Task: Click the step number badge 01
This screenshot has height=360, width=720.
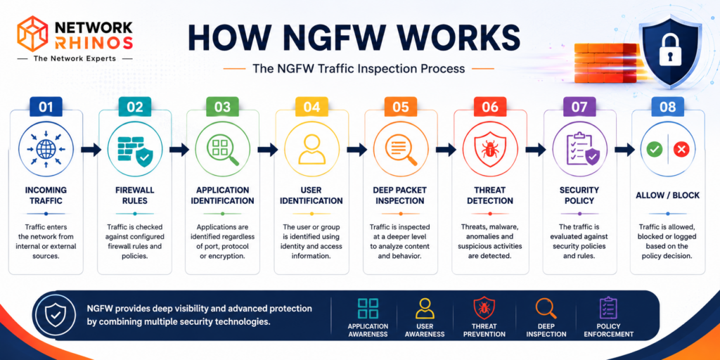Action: (x=46, y=107)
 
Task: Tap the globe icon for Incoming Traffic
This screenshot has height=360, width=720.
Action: (x=46, y=149)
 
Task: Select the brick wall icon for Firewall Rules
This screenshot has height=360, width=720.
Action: (x=134, y=150)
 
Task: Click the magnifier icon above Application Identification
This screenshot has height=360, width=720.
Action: (x=223, y=150)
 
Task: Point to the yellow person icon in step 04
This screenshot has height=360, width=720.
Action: (x=311, y=149)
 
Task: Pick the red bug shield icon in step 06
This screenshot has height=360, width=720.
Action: (x=490, y=150)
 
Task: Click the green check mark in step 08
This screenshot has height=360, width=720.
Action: (x=654, y=149)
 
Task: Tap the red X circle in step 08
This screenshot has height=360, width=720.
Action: (x=681, y=149)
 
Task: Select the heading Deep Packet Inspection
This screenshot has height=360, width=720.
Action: (x=401, y=195)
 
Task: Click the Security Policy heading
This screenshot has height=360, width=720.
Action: (x=579, y=195)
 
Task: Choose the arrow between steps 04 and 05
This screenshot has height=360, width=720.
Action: (x=356, y=149)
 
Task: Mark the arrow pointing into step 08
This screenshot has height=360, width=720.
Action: (x=624, y=149)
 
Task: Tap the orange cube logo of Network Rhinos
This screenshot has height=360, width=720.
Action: (x=32, y=33)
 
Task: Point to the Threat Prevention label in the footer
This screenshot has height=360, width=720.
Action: (x=484, y=330)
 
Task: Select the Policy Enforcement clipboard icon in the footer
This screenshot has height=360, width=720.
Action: (x=609, y=308)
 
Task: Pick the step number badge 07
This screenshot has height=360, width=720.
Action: (x=579, y=107)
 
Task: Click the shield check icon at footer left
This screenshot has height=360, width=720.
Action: (x=55, y=314)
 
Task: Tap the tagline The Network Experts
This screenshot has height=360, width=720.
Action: (x=75, y=59)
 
